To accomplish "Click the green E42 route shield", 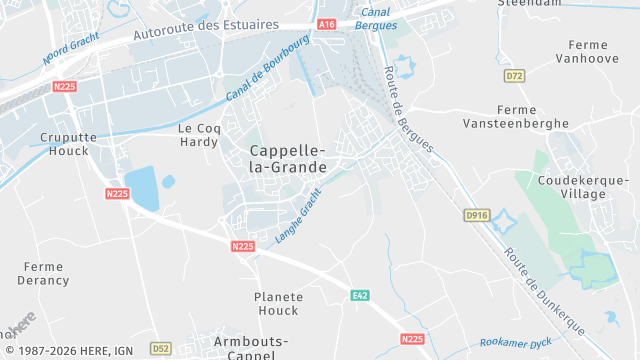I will click(x=360, y=295).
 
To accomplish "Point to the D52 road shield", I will click(x=160, y=348).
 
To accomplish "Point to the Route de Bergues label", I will click(x=408, y=109).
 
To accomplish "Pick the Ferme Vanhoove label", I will click(x=593, y=52).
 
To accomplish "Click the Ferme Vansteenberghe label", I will click(x=515, y=116).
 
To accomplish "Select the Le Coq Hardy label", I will click(x=198, y=134).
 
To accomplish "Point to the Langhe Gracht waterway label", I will click(x=298, y=216).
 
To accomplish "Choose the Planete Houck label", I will click(x=277, y=304).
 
